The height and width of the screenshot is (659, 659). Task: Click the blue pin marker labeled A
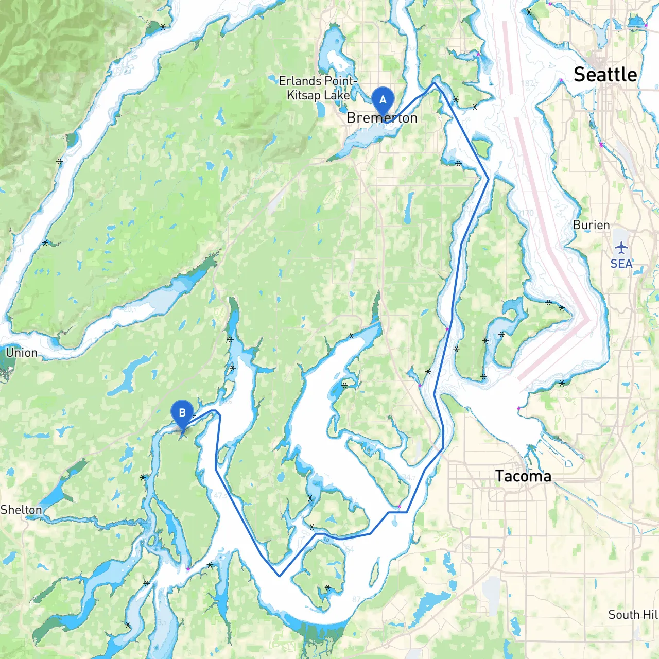click(383, 99)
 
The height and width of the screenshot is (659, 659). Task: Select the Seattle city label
click(605, 75)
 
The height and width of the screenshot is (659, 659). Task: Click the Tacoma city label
click(523, 476)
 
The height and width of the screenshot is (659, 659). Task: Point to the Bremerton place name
click(381, 118)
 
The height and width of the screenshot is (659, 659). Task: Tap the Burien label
click(591, 225)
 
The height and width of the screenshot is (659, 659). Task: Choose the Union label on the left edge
click(22, 353)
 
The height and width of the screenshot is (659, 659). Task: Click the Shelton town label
click(21, 510)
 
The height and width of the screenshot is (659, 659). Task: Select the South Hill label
click(633, 615)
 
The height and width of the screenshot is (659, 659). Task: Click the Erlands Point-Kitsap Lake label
click(318, 88)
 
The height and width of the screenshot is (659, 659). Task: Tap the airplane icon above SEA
click(621, 248)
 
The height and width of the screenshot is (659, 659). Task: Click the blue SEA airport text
click(621, 264)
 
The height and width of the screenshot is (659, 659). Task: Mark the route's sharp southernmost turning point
click(279, 576)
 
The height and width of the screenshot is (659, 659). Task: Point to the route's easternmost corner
click(488, 179)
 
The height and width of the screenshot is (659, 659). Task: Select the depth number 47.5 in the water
click(220, 495)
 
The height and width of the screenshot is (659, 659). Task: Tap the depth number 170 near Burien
click(526, 212)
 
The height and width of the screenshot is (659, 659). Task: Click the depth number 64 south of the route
click(350, 549)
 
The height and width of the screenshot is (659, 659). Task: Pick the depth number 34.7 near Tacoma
click(408, 478)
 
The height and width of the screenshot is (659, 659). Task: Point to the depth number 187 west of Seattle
click(528, 83)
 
